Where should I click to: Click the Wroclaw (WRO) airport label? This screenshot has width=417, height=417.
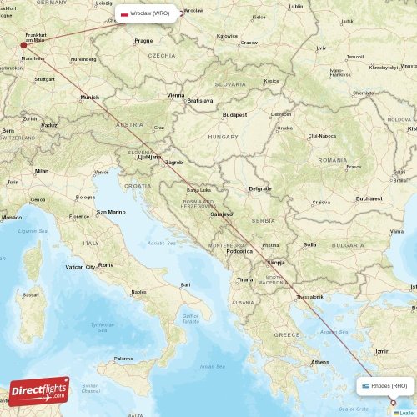150,13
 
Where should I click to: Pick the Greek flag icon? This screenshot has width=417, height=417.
365,386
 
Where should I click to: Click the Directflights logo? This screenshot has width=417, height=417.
39,391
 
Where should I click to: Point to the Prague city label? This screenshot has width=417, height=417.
143,40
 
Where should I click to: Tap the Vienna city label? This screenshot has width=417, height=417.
176,95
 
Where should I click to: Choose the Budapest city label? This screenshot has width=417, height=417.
234,114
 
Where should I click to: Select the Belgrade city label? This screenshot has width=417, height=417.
260,188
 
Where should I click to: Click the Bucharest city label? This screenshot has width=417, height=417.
367,199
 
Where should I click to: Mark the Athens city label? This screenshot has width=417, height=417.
319,362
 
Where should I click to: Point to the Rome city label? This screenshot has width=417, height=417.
106,264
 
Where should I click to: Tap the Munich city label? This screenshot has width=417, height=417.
89,98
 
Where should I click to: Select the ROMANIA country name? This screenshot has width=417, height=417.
331,159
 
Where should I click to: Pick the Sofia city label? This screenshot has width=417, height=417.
309,244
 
